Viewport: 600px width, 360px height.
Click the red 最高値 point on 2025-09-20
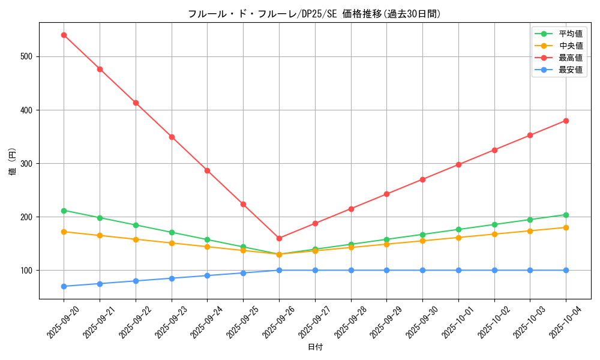click(64, 35)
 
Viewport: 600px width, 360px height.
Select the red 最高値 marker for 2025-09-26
click(279, 238)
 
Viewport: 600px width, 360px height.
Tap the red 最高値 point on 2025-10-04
click(566, 121)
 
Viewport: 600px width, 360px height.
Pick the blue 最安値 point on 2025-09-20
click(64, 286)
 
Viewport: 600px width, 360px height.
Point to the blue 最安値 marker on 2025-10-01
click(458, 270)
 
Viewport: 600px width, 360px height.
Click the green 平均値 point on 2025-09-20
click(64, 211)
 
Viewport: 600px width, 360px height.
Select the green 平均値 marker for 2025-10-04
click(566, 215)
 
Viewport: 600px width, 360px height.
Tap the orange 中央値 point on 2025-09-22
click(136, 239)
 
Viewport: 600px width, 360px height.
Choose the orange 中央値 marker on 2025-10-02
click(494, 234)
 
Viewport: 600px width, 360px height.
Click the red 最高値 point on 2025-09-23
click(172, 137)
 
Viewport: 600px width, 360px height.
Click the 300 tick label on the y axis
click(27, 163)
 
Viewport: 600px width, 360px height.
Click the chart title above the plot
click(314, 14)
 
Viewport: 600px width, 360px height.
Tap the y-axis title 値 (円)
click(12, 161)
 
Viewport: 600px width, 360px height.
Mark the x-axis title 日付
click(314, 347)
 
